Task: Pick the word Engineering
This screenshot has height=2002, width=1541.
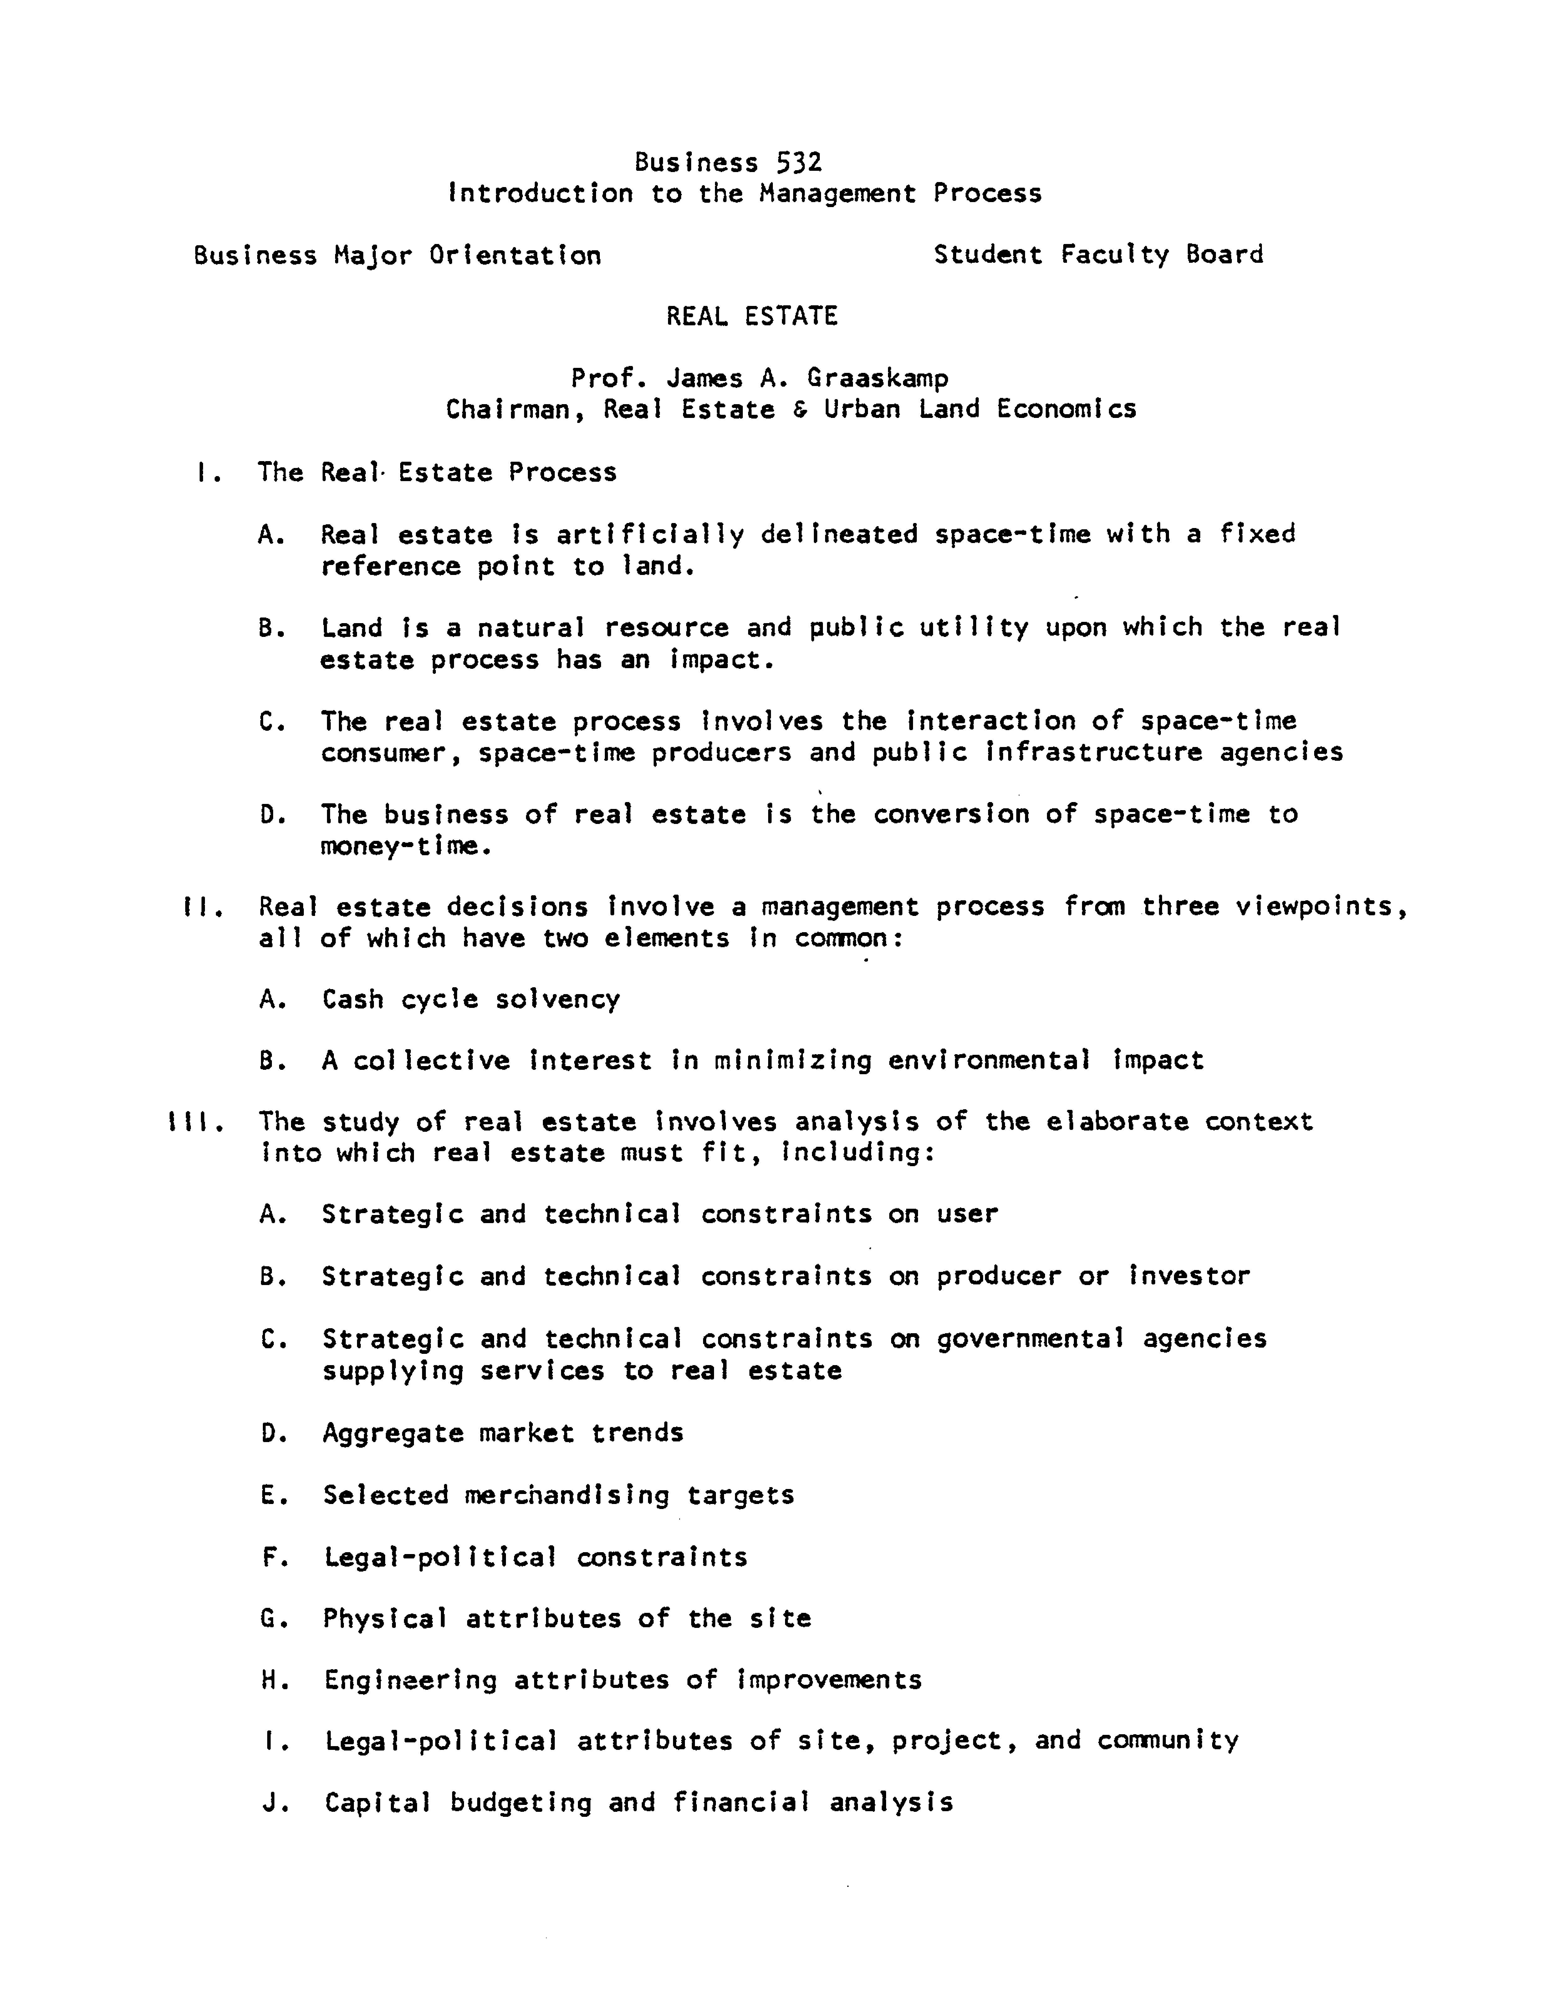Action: click(x=411, y=1680)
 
